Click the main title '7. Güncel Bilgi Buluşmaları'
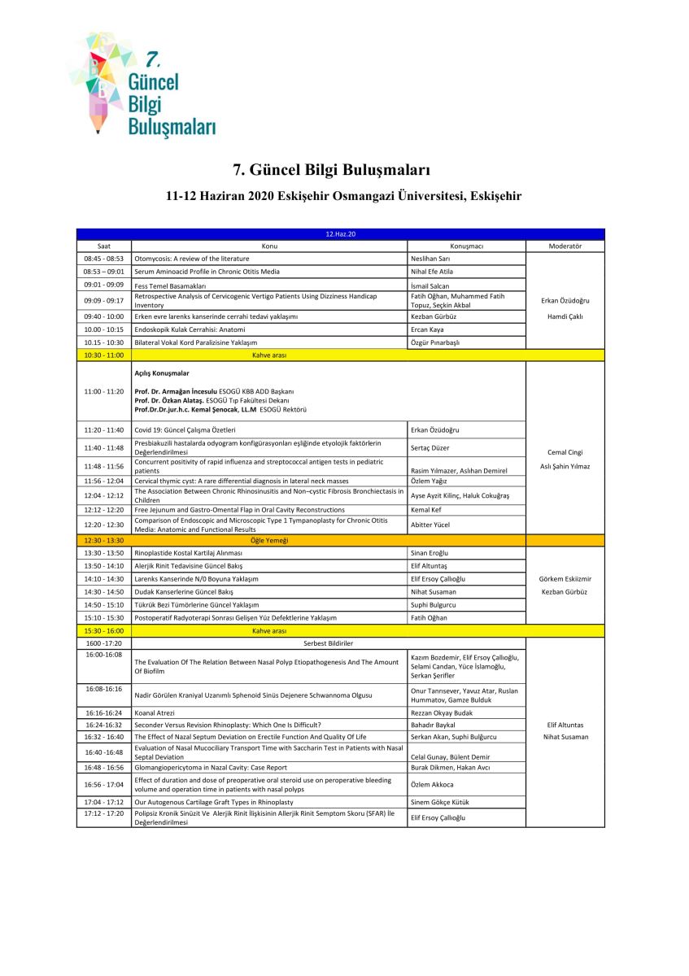331,170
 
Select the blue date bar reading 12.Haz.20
340,234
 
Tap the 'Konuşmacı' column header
466,246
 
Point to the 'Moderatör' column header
565,246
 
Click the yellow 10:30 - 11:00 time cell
104,355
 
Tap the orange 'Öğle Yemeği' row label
268,540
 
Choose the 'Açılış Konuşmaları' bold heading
162,373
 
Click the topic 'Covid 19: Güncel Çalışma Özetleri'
185,429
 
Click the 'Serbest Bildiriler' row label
328,643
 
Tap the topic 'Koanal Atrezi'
155,712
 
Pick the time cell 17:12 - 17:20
104,813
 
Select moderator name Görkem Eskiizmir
565,579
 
